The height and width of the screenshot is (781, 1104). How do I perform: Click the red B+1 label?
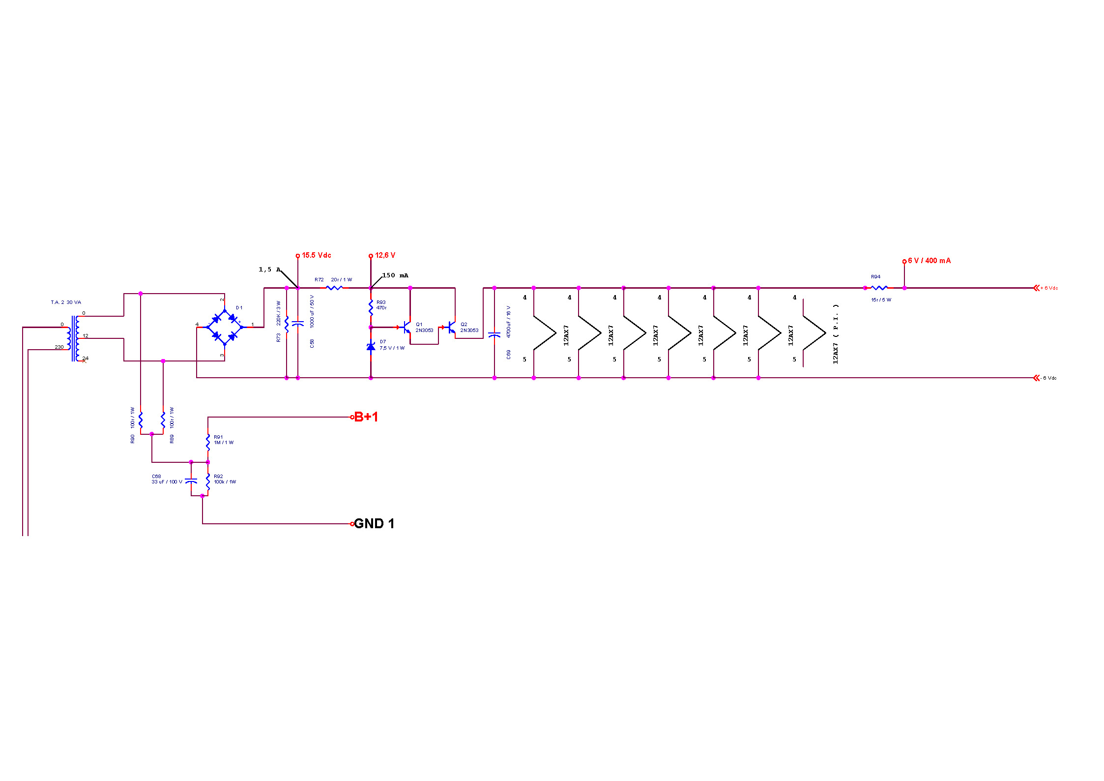[366, 417]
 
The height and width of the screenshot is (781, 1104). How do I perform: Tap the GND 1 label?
[374, 524]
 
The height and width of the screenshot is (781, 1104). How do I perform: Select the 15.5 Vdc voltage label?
[316, 255]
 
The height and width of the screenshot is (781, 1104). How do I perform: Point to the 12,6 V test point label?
[385, 255]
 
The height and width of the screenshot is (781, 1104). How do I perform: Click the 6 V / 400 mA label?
[929, 261]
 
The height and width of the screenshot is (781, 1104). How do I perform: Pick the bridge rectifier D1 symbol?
[225, 327]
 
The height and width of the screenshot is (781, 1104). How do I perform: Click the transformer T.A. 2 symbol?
[74, 338]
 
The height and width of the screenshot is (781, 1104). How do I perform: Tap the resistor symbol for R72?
[334, 288]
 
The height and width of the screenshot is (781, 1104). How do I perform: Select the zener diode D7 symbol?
[371, 346]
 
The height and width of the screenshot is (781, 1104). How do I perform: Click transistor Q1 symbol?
[406, 327]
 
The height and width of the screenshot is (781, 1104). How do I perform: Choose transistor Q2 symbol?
[450, 327]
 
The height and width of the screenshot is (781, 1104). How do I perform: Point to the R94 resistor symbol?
[879, 288]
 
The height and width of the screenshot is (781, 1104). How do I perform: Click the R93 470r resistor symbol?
[371, 308]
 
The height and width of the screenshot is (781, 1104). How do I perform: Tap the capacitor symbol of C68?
[191, 481]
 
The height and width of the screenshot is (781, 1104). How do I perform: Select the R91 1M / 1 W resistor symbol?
[208, 442]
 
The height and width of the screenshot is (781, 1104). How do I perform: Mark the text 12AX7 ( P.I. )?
[836, 334]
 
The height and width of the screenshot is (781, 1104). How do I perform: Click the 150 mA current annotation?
[395, 275]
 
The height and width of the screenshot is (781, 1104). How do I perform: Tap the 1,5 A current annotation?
[269, 270]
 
